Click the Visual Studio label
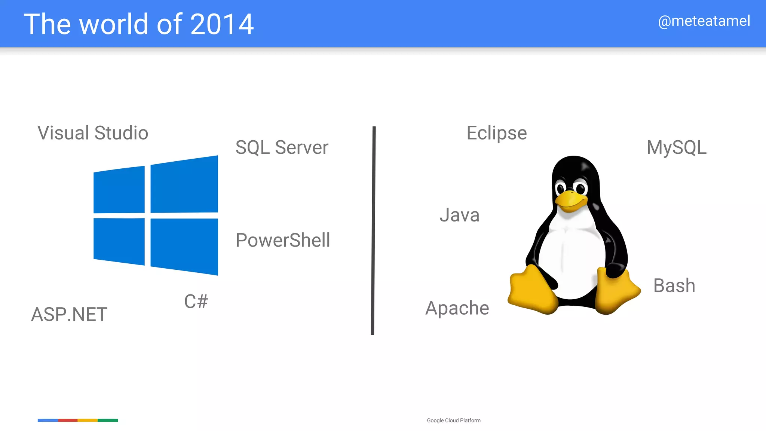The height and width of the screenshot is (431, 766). [93, 133]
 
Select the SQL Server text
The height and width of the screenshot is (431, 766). [282, 147]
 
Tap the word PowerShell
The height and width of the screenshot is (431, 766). [283, 240]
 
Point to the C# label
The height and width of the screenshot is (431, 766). [196, 301]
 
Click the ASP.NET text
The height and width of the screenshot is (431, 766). [69, 314]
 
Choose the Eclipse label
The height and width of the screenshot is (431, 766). [496, 133]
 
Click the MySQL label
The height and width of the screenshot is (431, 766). [676, 147]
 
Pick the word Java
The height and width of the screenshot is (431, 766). [459, 215]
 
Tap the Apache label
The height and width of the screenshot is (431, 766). [457, 308]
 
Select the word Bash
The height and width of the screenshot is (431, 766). [674, 285]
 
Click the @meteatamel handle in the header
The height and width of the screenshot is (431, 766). [704, 21]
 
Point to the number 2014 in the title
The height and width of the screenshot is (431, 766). [222, 24]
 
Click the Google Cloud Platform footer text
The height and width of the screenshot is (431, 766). [454, 421]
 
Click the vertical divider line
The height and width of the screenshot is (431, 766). [373, 230]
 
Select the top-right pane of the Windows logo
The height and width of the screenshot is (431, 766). [184, 185]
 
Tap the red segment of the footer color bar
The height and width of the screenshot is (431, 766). [68, 420]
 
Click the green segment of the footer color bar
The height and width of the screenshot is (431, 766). [108, 420]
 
